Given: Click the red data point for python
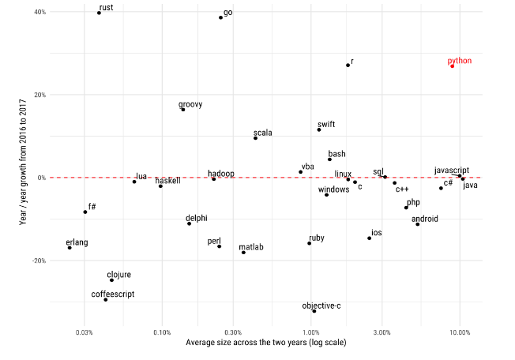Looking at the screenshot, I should [452, 66].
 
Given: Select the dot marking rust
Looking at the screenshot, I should [99, 13].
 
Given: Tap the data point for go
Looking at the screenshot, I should [220, 17].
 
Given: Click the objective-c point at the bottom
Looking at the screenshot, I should [314, 311].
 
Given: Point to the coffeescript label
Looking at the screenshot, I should [113, 294].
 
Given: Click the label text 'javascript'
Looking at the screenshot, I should [452, 171].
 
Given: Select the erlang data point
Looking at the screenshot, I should [70, 248].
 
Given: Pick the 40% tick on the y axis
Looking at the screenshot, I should [39, 13].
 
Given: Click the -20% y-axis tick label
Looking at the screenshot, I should [37, 261].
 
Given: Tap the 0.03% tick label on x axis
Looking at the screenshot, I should [86, 332].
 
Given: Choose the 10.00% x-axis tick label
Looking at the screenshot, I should [460, 332].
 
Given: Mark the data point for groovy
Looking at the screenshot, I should [183, 110].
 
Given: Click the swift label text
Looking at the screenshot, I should [326, 124].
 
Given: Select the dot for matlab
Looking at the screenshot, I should [243, 253].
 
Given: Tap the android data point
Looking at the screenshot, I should [418, 224].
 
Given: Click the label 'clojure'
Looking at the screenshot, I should [119, 275].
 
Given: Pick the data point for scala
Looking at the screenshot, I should [255, 138].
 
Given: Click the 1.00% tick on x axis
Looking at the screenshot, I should [310, 332].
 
